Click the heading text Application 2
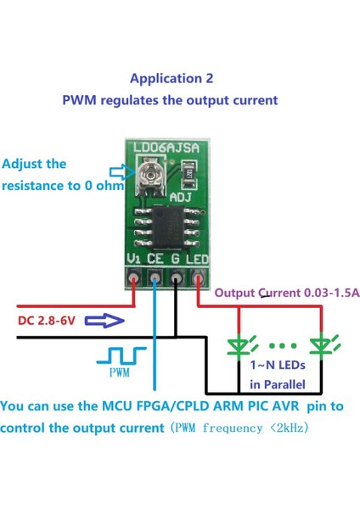click(172, 78)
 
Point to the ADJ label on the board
click(183, 197)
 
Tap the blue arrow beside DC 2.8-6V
click(105, 321)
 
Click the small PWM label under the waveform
click(121, 372)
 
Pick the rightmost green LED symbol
click(321, 347)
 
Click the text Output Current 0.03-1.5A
click(287, 293)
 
